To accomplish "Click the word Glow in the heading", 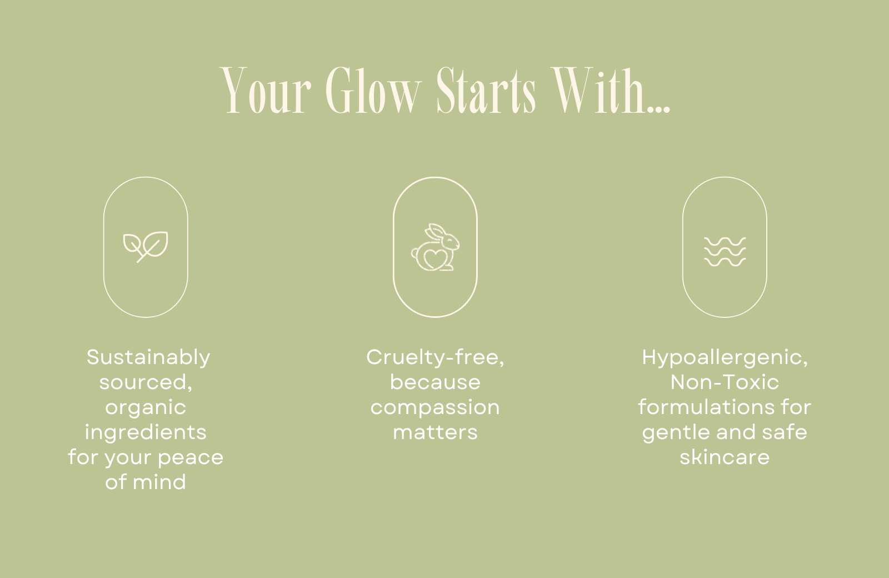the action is (373, 91).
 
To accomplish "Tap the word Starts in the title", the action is (486, 91).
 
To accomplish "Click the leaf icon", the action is (145, 247).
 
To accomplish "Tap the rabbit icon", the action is (435, 247).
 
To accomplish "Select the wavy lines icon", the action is (725, 252).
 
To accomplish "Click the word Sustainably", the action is (148, 358).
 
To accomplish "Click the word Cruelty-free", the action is (435, 358).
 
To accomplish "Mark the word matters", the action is (436, 432).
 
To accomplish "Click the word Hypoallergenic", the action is (725, 358).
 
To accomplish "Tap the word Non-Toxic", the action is (725, 382).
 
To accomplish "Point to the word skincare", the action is (725, 457).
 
